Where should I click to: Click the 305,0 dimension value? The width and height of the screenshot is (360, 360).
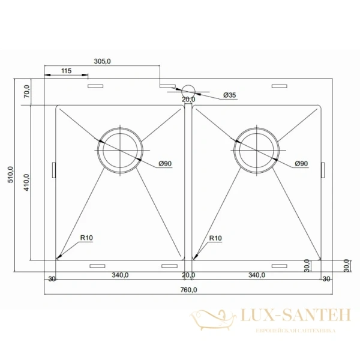pyautogui.click(x=102, y=61)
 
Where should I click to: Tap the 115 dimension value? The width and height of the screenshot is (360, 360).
pyautogui.click(x=66, y=71)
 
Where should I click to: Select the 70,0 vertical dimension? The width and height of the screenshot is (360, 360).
pyautogui.click(x=26, y=91)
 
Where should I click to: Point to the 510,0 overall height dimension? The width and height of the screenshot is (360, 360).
pyautogui.click(x=11, y=175)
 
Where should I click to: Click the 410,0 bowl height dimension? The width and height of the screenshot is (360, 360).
pyautogui.click(x=26, y=182)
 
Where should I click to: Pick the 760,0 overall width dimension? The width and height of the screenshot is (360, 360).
pyautogui.click(x=188, y=290)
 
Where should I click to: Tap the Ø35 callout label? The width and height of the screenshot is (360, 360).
pyautogui.click(x=229, y=95)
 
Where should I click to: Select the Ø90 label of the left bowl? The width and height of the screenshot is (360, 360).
pyautogui.click(x=165, y=164)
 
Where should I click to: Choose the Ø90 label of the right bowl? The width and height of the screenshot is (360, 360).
pyautogui.click(x=301, y=164)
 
